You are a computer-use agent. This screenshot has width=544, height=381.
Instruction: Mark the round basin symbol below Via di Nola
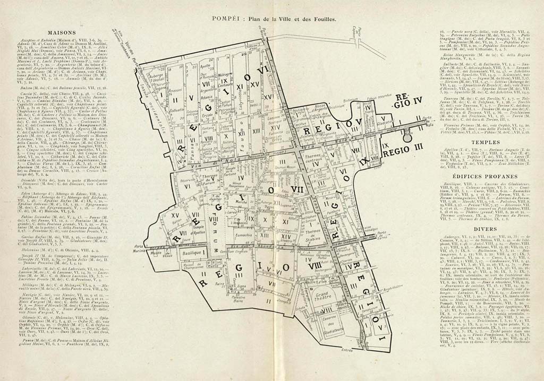pyautogui.click(x=422, y=137)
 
